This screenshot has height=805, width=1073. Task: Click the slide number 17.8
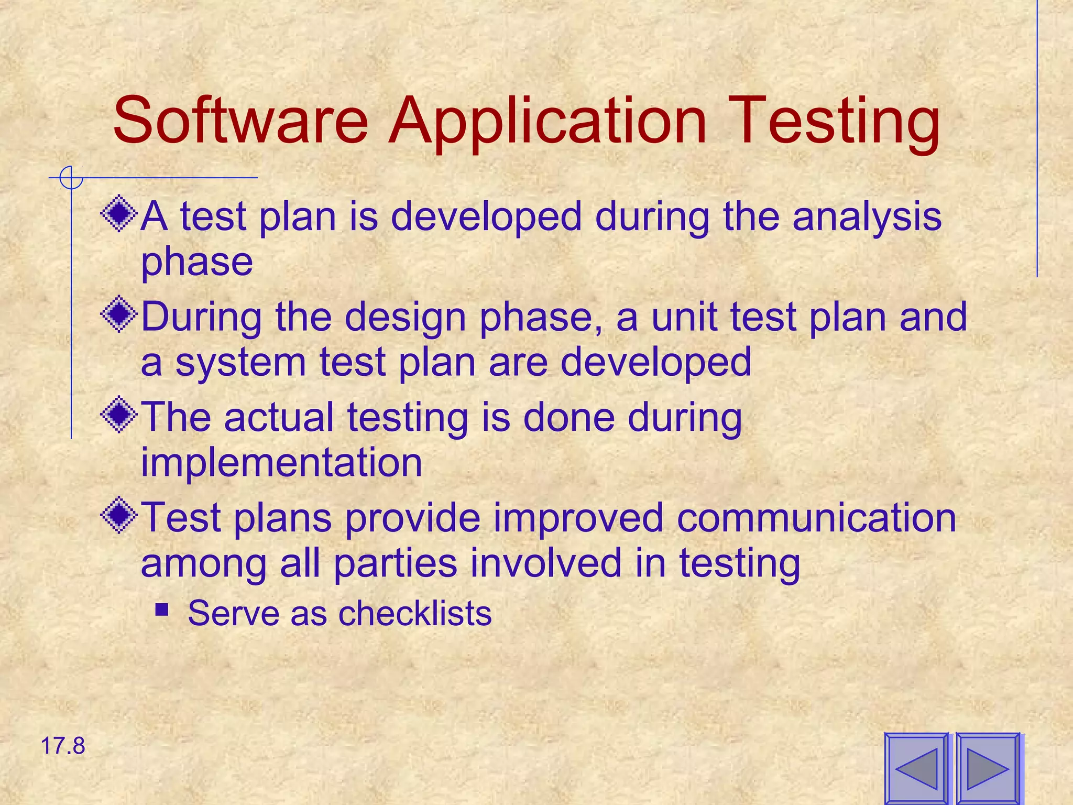click(62, 746)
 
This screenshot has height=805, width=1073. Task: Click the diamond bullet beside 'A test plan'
click(119, 214)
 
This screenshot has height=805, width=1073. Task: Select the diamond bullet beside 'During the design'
click(119, 314)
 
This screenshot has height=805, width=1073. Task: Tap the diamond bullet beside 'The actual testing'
click(119, 415)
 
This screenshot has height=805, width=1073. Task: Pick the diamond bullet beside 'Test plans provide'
click(119, 515)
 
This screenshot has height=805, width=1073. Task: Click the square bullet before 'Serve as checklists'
click(162, 610)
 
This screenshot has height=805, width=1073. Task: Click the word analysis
click(867, 217)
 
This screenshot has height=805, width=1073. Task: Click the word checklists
click(415, 613)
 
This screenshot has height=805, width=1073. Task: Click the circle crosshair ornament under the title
click(71, 178)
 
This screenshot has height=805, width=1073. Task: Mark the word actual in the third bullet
click(279, 417)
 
